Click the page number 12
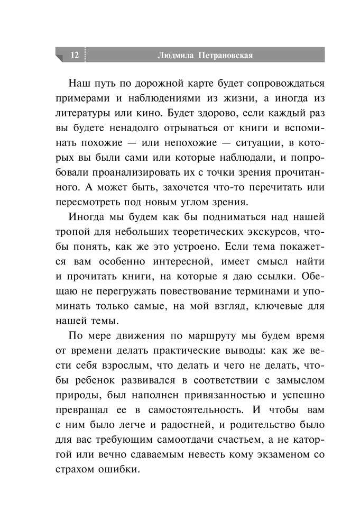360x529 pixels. tap(73, 55)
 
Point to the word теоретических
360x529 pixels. tap(219, 232)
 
